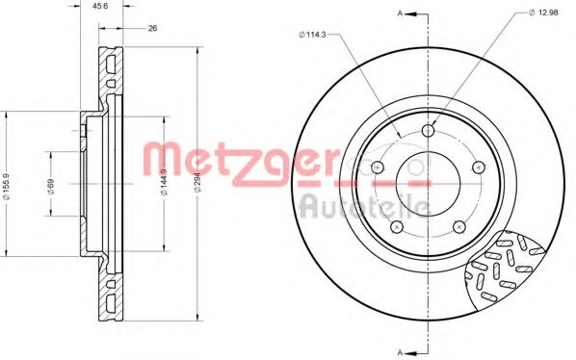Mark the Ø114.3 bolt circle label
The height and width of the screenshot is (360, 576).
click(x=313, y=37)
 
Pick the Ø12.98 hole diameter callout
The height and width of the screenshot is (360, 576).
click(x=544, y=12)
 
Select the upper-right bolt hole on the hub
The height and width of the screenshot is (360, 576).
click(x=479, y=167)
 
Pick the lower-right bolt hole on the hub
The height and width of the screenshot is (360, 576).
click(x=459, y=225)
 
